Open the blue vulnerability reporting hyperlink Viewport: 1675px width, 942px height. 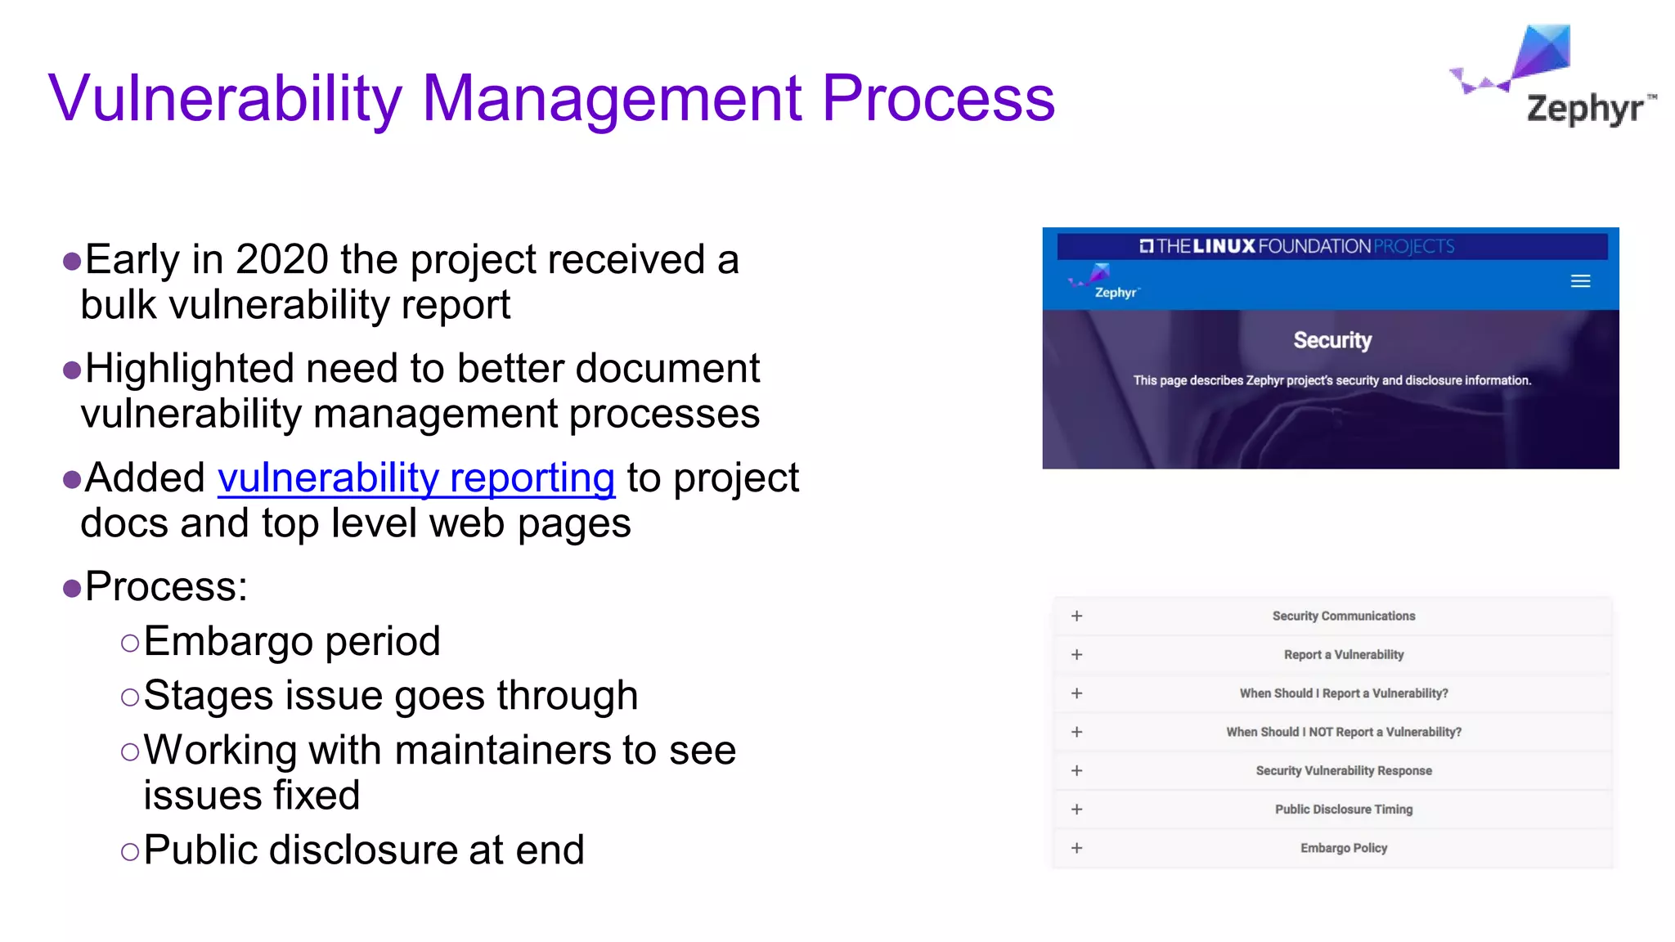coord(415,478)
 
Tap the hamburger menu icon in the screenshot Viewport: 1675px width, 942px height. coord(1580,281)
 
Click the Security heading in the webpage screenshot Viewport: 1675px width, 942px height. coord(1331,340)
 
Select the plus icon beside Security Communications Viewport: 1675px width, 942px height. coord(1076,616)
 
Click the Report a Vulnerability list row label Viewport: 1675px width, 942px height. coord(1343,655)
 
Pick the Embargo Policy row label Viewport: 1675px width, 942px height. coord(1343,848)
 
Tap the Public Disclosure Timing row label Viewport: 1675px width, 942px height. coord(1343,810)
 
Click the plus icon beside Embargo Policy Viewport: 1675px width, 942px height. coord(1076,848)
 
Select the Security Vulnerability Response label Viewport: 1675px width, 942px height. coord(1343,771)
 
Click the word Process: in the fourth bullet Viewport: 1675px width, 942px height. coord(166,587)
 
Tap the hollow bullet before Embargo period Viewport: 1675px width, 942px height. coord(129,643)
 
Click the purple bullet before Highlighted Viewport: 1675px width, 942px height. coord(72,370)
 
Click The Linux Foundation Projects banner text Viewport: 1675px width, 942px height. coord(1296,246)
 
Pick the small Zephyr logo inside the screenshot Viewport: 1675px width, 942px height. coord(1103,283)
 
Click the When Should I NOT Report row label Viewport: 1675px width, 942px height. coord(1343,732)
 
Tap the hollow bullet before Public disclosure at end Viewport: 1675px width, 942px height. coord(129,852)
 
